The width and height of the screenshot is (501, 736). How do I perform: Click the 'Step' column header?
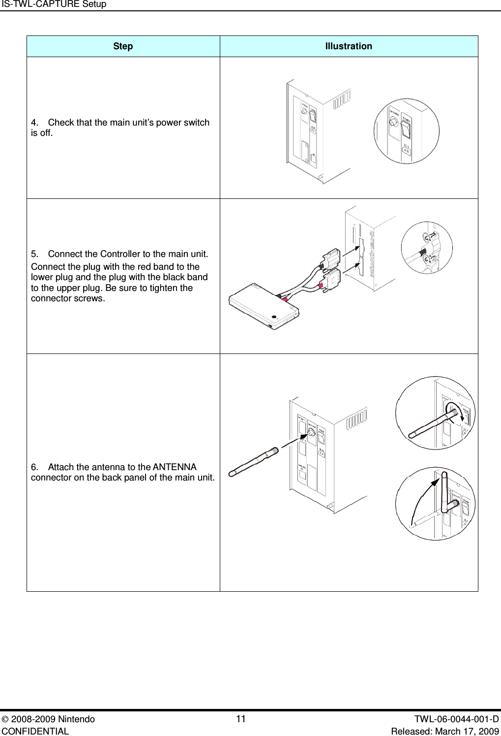point(122,46)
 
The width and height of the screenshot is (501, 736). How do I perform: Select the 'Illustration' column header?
point(348,46)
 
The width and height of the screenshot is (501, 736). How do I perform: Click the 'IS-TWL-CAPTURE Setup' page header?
point(54,4)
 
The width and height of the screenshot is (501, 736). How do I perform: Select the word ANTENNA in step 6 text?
point(175,467)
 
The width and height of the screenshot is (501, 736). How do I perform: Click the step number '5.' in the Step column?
point(35,254)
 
